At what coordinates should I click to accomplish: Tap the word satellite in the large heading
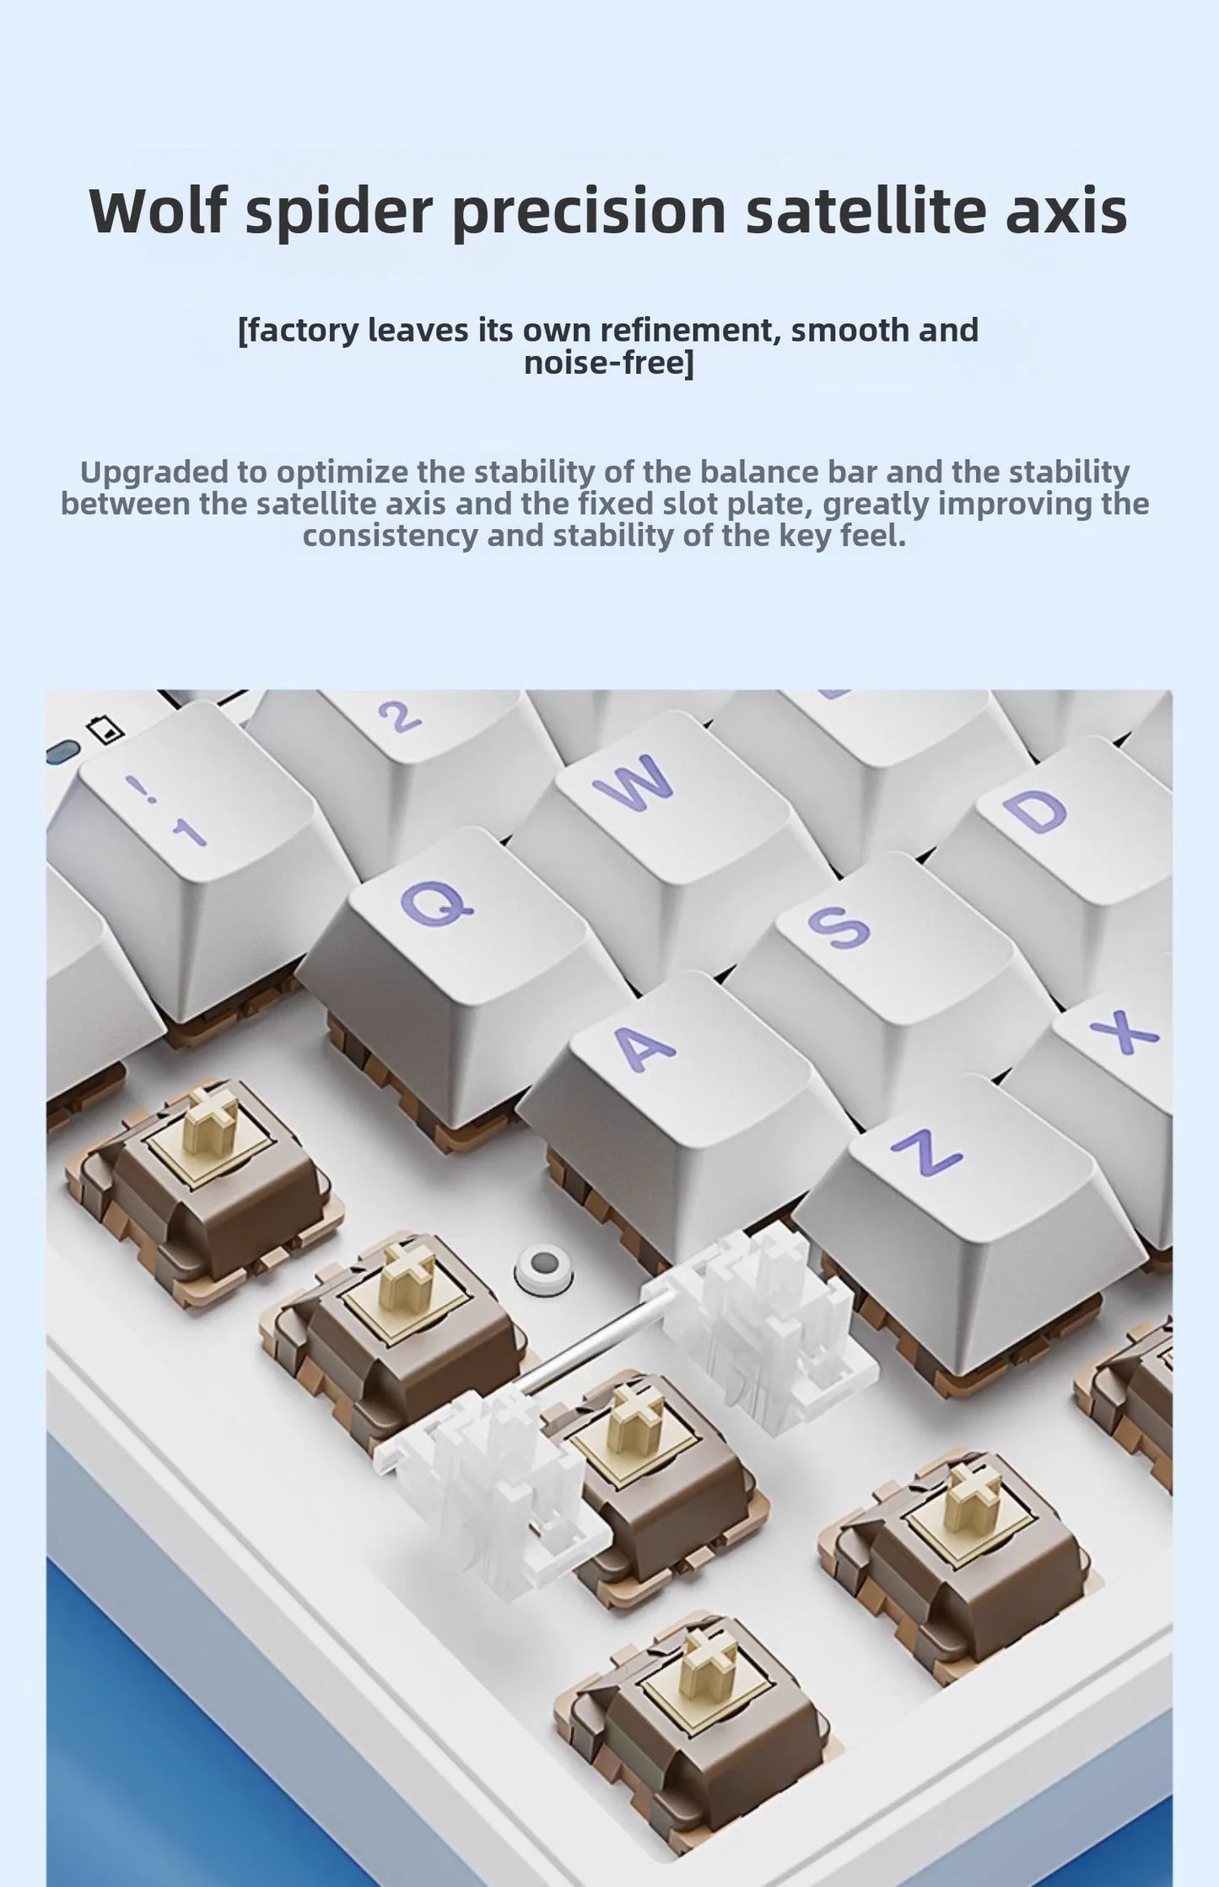866,210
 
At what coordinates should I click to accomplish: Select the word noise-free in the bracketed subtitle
604,363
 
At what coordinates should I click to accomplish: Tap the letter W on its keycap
633,780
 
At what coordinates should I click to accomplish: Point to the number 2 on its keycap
398,715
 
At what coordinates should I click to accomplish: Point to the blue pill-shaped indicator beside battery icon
63,751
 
